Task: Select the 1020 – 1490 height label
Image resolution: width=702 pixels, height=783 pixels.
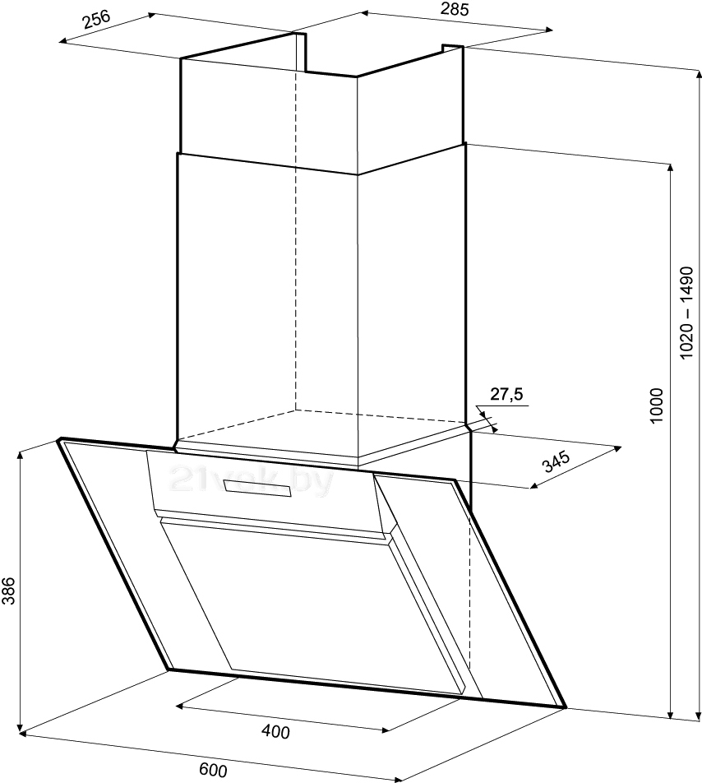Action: click(x=688, y=312)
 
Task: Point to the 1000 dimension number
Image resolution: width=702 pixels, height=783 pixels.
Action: click(x=655, y=405)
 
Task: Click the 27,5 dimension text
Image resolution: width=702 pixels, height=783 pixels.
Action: click(x=506, y=395)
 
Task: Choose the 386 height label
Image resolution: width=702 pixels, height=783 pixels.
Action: click(x=9, y=590)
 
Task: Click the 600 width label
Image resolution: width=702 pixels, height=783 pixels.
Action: click(x=212, y=770)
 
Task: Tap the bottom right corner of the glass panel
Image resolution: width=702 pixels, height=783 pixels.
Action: click(x=566, y=707)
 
